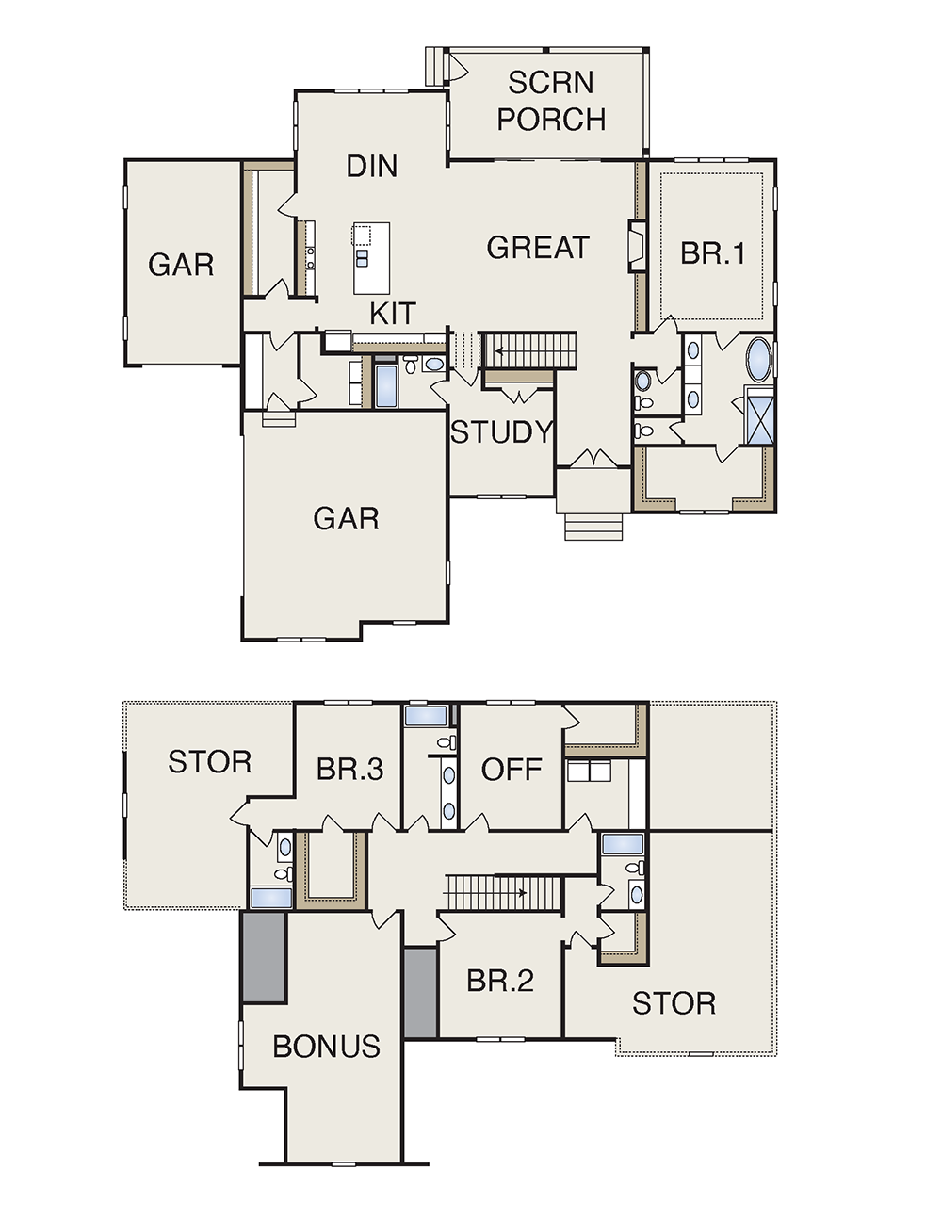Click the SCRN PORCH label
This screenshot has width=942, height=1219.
pos(551,101)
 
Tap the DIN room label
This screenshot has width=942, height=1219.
pos(372,166)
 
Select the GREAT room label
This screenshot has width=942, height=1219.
pos(538,248)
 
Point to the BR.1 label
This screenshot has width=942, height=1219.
pos(713,253)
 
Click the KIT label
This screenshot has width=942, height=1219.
pos(393,313)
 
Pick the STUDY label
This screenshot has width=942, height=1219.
pos(502,432)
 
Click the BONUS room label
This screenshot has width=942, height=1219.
pos(326,1047)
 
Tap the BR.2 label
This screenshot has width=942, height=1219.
pos(500,982)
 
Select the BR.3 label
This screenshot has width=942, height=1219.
pos(349,769)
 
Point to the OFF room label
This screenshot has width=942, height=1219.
pos(512,769)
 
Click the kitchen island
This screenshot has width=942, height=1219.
pos(371,258)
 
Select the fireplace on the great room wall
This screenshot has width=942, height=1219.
pos(637,246)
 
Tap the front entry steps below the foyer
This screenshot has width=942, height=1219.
pos(593,528)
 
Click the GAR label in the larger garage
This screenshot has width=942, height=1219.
pos(346,518)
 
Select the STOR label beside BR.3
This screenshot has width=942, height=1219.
pos(210,762)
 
